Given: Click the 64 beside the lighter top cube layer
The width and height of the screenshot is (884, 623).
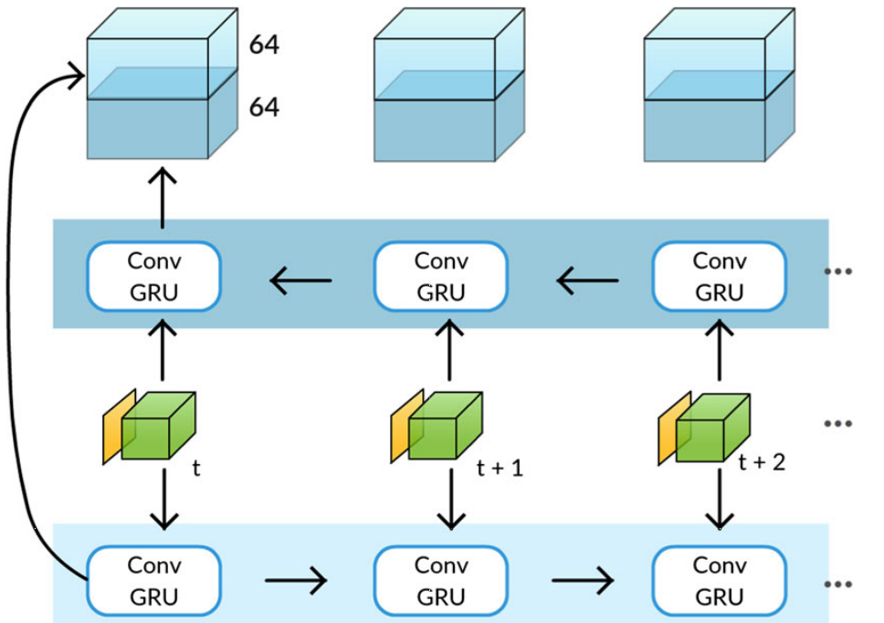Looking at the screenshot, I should [x=264, y=46].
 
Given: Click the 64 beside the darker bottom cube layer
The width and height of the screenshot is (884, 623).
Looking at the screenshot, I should [x=264, y=108].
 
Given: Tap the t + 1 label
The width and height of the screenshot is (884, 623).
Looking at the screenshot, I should [x=501, y=468].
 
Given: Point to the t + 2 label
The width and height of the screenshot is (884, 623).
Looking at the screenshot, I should [x=762, y=462].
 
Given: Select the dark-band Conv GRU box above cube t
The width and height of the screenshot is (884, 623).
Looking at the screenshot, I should [x=154, y=275].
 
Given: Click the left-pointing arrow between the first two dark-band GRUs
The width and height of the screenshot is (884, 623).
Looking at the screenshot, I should [x=300, y=281].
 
